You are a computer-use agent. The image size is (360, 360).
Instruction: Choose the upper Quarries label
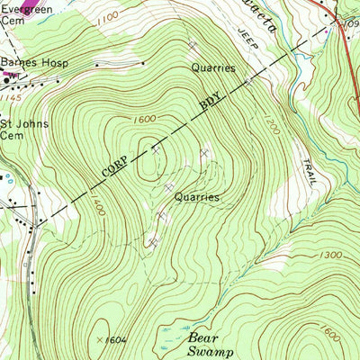[x=212, y=67]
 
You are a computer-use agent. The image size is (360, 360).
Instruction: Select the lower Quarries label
[x=197, y=195]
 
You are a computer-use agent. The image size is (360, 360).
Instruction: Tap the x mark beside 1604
[x=99, y=338]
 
